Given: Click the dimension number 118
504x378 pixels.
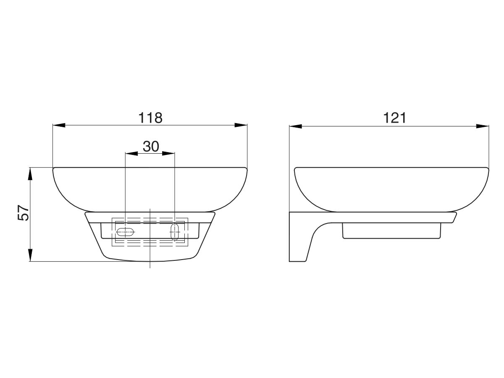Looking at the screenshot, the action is click(x=150, y=118).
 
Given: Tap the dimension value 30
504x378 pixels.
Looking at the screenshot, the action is click(x=151, y=146).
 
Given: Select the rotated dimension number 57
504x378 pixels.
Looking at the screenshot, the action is click(x=23, y=213).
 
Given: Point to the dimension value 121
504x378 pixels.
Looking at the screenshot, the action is click(x=395, y=118).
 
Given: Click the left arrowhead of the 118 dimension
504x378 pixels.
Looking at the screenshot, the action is click(x=59, y=125).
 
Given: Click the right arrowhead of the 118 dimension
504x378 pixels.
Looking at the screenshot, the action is click(x=241, y=125).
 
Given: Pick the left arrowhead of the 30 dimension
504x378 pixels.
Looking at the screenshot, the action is click(x=131, y=153).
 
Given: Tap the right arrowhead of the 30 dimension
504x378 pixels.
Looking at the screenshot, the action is click(x=168, y=153).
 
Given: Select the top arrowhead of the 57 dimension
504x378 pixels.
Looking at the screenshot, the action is click(x=30, y=174).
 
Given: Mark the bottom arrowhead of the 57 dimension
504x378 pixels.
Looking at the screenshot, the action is click(x=30, y=255).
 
